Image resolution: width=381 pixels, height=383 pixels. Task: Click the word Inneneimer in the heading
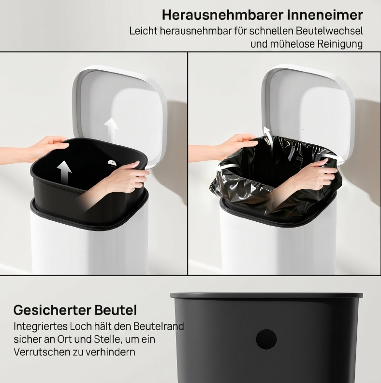[x=325, y=15]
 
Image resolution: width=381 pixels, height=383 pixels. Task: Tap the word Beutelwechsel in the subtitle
[x=330, y=31]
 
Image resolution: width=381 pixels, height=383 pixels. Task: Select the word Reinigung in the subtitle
[x=340, y=44]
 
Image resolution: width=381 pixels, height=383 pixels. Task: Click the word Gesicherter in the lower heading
[x=52, y=310]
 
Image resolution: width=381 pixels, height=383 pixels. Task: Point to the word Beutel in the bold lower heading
[x=116, y=310]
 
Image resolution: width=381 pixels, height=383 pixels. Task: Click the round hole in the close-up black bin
[x=266, y=339]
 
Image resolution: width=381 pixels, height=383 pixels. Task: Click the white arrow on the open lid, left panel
[x=112, y=128]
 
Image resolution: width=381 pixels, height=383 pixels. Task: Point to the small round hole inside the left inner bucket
[x=112, y=163]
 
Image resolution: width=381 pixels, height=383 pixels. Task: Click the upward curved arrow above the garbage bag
[x=267, y=135]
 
